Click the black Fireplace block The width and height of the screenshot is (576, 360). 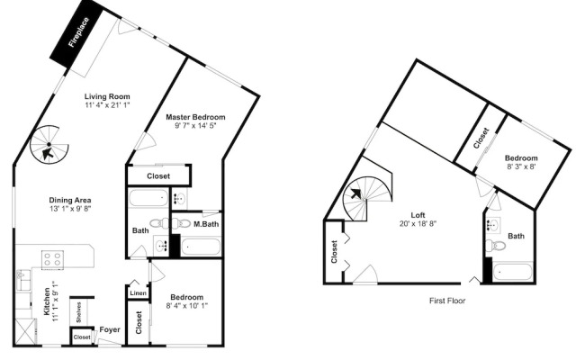76,33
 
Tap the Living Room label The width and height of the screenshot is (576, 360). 107,96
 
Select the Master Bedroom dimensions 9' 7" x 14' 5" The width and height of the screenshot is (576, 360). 195,126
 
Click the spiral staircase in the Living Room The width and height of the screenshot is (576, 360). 49,144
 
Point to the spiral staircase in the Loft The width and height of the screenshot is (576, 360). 367,199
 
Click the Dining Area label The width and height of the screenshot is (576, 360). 70,200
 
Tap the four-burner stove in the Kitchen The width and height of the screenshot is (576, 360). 52,259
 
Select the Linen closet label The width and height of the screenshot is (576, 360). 138,293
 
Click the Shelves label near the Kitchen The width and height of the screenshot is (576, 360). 79,312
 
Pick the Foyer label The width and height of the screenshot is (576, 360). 110,330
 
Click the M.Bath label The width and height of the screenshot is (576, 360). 206,224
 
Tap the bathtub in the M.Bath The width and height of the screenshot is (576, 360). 201,247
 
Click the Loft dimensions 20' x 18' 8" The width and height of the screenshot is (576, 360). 418,223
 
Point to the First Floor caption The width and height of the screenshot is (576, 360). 447,301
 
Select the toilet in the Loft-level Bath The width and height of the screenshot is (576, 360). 494,245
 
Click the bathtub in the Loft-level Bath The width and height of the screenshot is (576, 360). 512,272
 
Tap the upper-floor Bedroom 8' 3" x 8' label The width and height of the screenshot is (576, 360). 521,162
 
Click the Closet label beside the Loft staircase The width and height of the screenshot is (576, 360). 334,252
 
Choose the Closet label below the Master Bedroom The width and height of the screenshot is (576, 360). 158,176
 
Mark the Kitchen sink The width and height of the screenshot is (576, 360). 23,280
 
